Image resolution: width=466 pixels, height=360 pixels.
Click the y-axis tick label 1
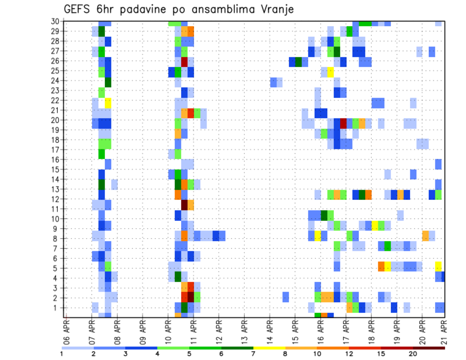click(x=57, y=308)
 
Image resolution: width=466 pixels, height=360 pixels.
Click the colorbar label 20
click(x=413, y=354)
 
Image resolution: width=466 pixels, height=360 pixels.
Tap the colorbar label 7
click(x=253, y=354)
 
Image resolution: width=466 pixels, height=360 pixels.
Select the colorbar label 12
click(x=349, y=354)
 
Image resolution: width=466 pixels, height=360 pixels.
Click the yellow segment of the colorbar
click(x=269, y=348)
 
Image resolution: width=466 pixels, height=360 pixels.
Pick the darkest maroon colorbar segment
click(x=429, y=348)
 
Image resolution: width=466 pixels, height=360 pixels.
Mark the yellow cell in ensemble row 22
click(x=108, y=102)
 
